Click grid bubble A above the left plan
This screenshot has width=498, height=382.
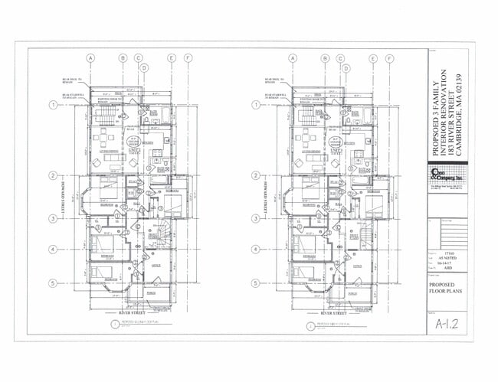[x=90, y=57]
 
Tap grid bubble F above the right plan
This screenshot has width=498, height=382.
[x=390, y=57]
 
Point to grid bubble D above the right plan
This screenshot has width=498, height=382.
[x=346, y=67]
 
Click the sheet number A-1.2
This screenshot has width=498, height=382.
[x=446, y=325]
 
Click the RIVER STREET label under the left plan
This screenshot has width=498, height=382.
[x=135, y=313]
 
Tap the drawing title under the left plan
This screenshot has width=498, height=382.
[x=134, y=325]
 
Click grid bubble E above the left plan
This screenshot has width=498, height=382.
[x=172, y=57]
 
